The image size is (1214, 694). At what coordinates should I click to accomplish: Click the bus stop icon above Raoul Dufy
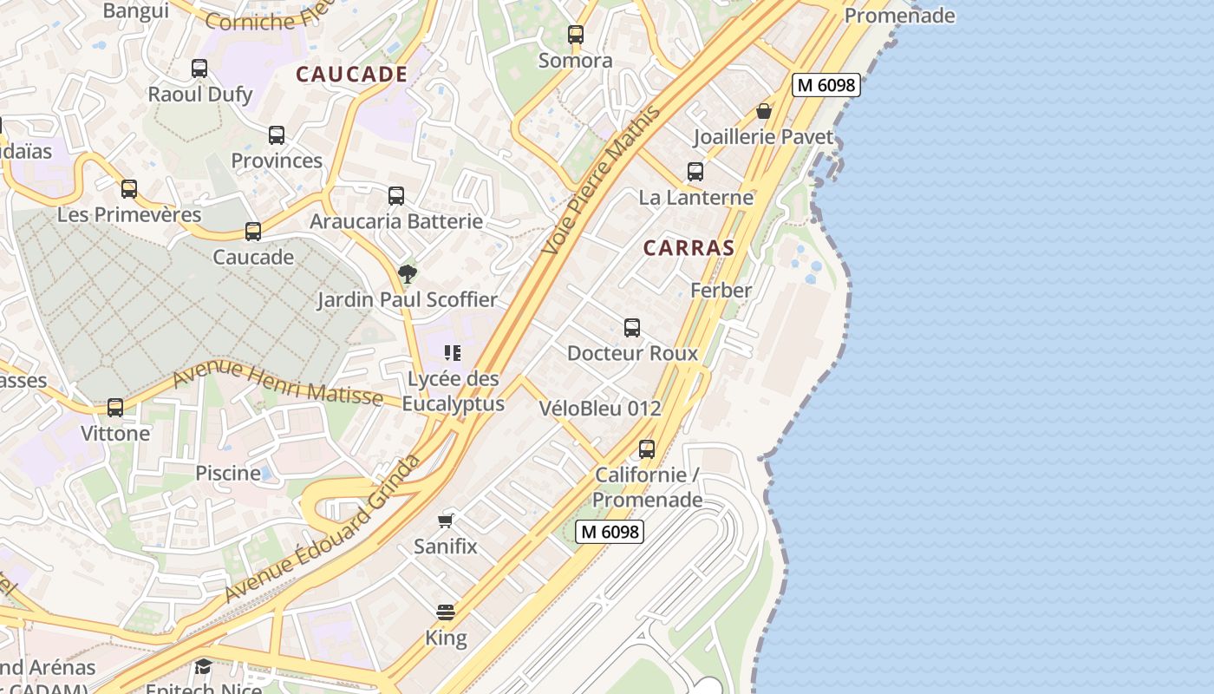coord(199,69)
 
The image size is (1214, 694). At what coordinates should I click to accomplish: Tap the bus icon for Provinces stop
coord(277,135)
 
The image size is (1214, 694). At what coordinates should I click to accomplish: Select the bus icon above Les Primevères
coord(129,188)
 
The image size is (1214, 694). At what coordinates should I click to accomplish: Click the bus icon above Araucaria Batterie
coord(396,196)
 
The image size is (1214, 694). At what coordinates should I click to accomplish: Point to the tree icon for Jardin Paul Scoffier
coord(407,274)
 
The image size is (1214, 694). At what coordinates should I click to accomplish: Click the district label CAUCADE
coord(351,75)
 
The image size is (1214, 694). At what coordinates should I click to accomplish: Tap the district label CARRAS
coord(689,248)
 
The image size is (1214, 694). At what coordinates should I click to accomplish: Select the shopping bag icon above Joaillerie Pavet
coord(764,111)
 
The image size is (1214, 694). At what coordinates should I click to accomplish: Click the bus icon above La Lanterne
coord(695,172)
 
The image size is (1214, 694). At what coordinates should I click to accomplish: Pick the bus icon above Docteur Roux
coord(632,328)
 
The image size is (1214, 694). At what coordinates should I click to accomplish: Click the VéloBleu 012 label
coord(600,409)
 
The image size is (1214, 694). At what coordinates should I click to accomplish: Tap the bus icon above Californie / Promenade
coord(647,449)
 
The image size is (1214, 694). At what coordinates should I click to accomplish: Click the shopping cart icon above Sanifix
coord(446,520)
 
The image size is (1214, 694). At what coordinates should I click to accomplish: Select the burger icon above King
coord(446,612)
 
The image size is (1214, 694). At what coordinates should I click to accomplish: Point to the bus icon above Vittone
coord(115,408)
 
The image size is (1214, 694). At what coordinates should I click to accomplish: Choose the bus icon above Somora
coord(576,36)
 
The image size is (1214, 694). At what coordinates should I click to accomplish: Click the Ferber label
coord(721,291)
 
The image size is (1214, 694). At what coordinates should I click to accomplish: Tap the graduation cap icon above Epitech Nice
coord(203,666)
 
